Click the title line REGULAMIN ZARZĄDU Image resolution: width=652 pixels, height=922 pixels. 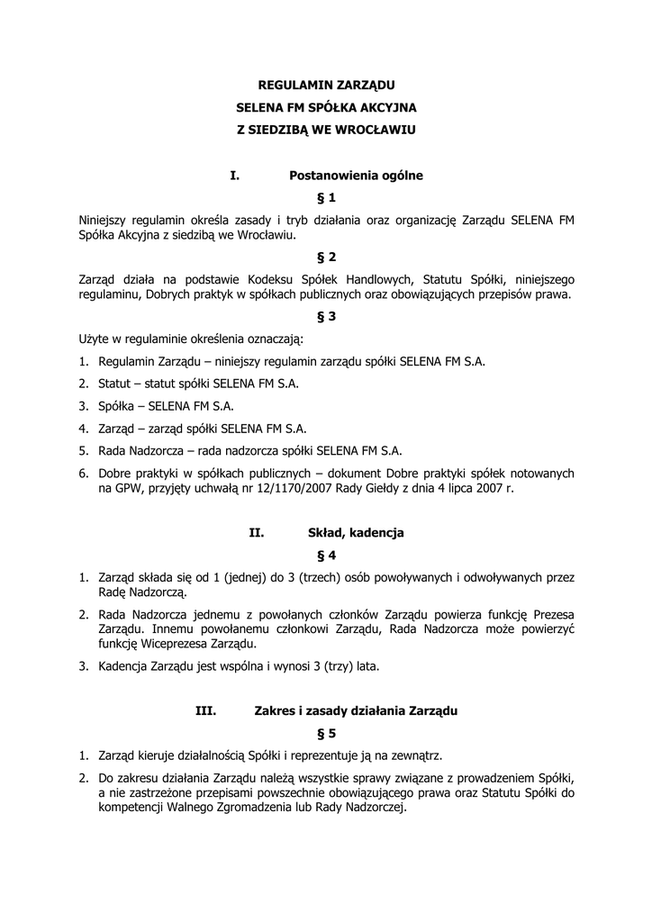coord(326,87)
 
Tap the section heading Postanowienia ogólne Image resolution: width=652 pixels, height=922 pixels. coord(356,176)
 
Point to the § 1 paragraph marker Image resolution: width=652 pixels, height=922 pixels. coord(326,197)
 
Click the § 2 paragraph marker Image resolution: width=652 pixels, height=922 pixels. coord(326,257)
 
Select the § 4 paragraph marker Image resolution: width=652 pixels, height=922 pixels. coord(326,556)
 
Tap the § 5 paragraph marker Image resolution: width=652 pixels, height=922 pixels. coord(326,733)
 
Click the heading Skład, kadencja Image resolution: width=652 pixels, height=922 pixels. coord(356,533)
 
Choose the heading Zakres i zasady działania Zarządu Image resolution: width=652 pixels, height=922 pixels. coord(357,710)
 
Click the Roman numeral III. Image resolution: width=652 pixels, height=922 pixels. coord(205,710)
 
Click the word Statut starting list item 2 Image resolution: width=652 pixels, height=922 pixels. coord(114,384)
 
